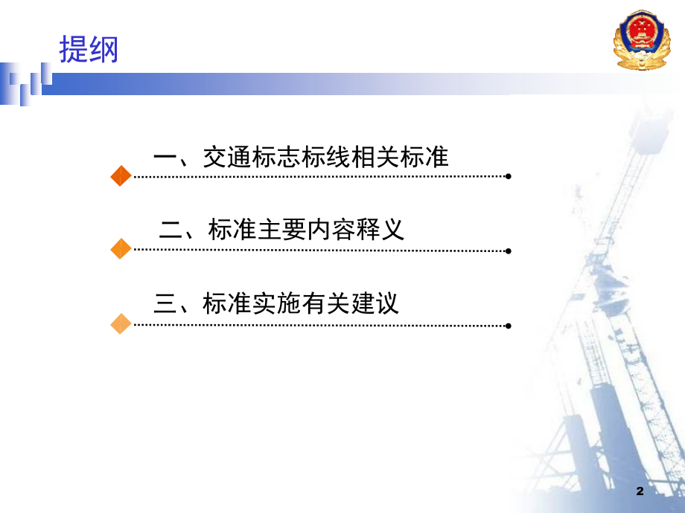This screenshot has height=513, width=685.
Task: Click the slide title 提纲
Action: click(89, 49)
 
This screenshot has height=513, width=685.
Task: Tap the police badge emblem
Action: click(642, 39)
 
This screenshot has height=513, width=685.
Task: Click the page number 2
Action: click(640, 491)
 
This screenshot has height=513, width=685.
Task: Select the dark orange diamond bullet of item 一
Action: click(121, 175)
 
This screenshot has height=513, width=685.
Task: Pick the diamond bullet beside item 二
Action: click(121, 248)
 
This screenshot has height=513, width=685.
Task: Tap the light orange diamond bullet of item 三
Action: click(121, 323)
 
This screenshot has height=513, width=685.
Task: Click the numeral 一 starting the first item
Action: click(165, 158)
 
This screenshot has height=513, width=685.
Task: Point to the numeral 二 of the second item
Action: click(171, 230)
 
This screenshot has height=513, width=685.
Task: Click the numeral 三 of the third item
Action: click(165, 303)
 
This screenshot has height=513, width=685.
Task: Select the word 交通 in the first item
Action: click(227, 157)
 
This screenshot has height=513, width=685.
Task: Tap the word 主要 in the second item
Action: click(282, 230)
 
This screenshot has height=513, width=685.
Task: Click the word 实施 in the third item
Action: click(276, 303)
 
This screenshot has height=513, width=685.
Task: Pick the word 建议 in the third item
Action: click(375, 303)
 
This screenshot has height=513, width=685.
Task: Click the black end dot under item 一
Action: click(508, 176)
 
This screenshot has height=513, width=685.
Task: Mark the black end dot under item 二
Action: click(508, 251)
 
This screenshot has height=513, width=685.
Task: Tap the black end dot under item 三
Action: click(508, 326)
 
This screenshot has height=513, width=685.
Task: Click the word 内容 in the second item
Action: click(331, 230)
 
